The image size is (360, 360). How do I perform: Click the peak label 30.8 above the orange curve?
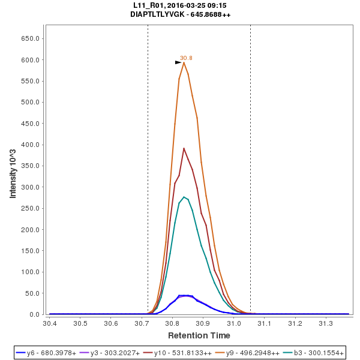pyautogui.click(x=186, y=58)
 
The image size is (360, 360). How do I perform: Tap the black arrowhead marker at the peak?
pyautogui.click(x=178, y=62)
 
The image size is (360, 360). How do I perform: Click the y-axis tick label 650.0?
pyautogui.click(x=31, y=38)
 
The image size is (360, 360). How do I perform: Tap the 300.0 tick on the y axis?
pyautogui.click(x=31, y=187)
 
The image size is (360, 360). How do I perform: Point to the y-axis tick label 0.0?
pyautogui.click(x=35, y=314)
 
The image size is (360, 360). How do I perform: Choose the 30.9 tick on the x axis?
pyautogui.click(x=203, y=324)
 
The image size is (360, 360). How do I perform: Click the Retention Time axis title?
pyautogui.click(x=199, y=335)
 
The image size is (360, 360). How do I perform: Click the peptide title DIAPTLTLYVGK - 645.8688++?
pyautogui.click(x=180, y=14)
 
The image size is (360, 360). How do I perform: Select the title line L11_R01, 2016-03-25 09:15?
pyautogui.click(x=180, y=5)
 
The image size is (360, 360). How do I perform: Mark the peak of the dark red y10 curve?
pyautogui.click(x=184, y=148)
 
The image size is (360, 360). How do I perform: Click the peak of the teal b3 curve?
pyautogui.click(x=184, y=197)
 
